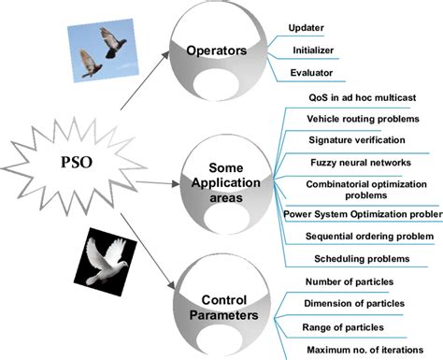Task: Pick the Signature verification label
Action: point(357,140)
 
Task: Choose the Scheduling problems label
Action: point(359,259)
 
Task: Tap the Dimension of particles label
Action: point(360,304)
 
